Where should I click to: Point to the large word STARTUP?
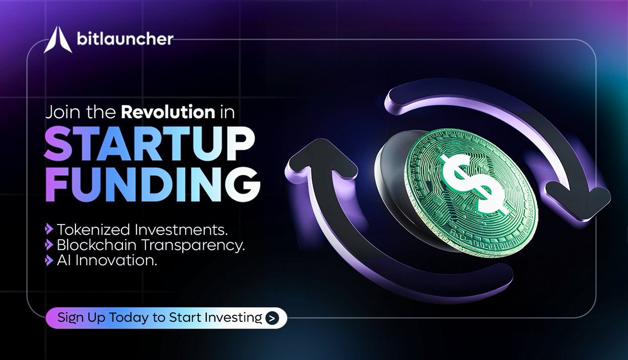point(150,142)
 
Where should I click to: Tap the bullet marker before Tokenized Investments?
point(49,229)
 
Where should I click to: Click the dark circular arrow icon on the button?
point(272,318)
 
